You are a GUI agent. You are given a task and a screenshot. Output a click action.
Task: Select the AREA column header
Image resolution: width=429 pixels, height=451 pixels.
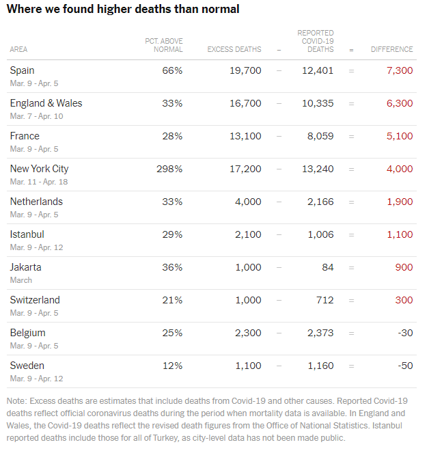tap(18, 50)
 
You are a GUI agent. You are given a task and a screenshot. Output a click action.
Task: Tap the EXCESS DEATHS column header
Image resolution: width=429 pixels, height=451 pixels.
tap(234, 50)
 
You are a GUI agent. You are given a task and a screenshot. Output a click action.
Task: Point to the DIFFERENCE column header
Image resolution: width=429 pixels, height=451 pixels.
tap(391, 50)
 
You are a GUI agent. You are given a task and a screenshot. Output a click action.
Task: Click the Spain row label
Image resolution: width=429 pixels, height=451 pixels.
tap(22, 70)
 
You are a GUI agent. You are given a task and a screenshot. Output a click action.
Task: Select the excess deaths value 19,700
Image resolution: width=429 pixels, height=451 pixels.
tap(245, 70)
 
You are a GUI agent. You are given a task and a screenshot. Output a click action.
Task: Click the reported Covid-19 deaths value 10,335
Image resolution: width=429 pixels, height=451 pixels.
tap(318, 103)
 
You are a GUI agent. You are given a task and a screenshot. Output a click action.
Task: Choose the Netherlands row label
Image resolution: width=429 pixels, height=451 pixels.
tap(36, 202)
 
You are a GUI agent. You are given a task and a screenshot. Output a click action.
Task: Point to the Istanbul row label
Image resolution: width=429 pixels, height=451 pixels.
tap(28, 234)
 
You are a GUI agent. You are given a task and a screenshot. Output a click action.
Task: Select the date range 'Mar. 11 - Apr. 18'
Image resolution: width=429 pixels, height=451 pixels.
tap(39, 182)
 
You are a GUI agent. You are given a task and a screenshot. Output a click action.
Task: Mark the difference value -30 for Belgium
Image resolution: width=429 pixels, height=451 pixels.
tap(406, 333)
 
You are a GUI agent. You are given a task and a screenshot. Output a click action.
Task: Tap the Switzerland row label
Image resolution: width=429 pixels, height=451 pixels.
tap(35, 300)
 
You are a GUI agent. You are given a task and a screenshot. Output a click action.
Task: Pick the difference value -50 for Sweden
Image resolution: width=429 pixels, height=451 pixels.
tap(406, 366)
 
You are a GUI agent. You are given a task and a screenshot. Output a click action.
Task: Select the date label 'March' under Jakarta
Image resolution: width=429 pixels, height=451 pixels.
tap(21, 280)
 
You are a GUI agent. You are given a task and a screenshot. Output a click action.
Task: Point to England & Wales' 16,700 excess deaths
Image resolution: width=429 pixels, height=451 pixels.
tap(245, 103)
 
